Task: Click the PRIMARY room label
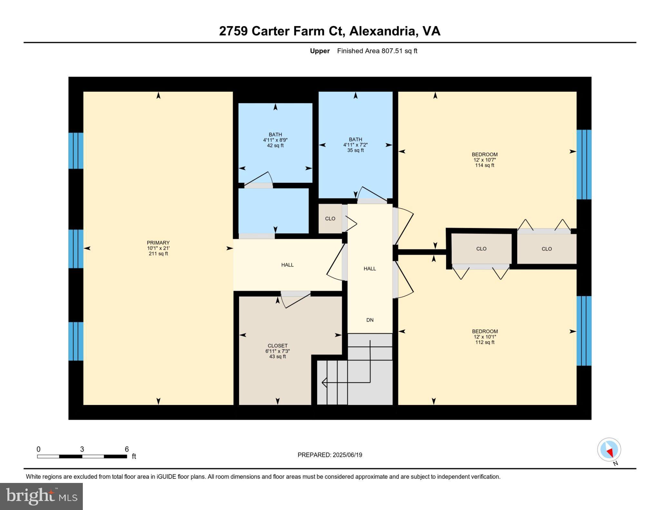[158, 243]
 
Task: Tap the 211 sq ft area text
[158, 254]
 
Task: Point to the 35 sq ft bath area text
[355, 150]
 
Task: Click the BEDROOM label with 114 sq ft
[484, 154]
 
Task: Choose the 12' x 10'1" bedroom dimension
[485, 337]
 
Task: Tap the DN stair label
[370, 320]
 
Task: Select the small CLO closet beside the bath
[330, 218]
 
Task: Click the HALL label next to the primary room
[287, 265]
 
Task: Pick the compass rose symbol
[609, 449]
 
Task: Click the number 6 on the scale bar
[127, 449]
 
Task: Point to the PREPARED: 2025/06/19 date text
[330, 455]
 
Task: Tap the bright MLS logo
[41, 496]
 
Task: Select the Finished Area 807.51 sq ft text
[377, 51]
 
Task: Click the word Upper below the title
[320, 51]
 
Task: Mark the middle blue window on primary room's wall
[76, 249]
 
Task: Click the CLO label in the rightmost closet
[547, 249]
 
